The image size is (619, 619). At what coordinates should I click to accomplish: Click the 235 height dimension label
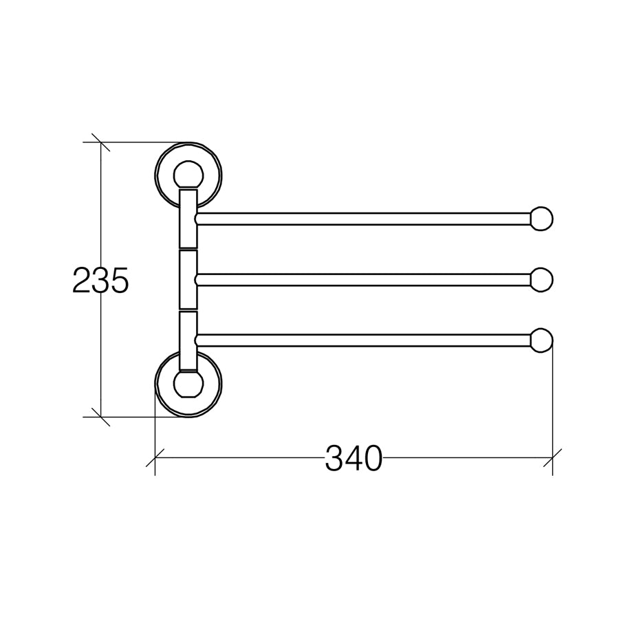tap(100, 280)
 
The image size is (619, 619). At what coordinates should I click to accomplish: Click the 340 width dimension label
tap(354, 458)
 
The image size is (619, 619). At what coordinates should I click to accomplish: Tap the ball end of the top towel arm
tap(541, 219)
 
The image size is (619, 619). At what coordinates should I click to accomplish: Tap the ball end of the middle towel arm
tap(541, 280)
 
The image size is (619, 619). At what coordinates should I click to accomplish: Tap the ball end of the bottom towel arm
tap(541, 340)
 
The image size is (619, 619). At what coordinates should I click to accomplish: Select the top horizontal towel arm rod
tap(363, 219)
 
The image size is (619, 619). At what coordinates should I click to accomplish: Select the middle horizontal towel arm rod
tap(363, 280)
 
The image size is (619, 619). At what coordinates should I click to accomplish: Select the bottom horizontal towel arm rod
tap(363, 340)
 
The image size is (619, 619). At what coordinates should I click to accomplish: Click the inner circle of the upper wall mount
tap(188, 162)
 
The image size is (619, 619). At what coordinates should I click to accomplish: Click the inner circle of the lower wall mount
tap(188, 396)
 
